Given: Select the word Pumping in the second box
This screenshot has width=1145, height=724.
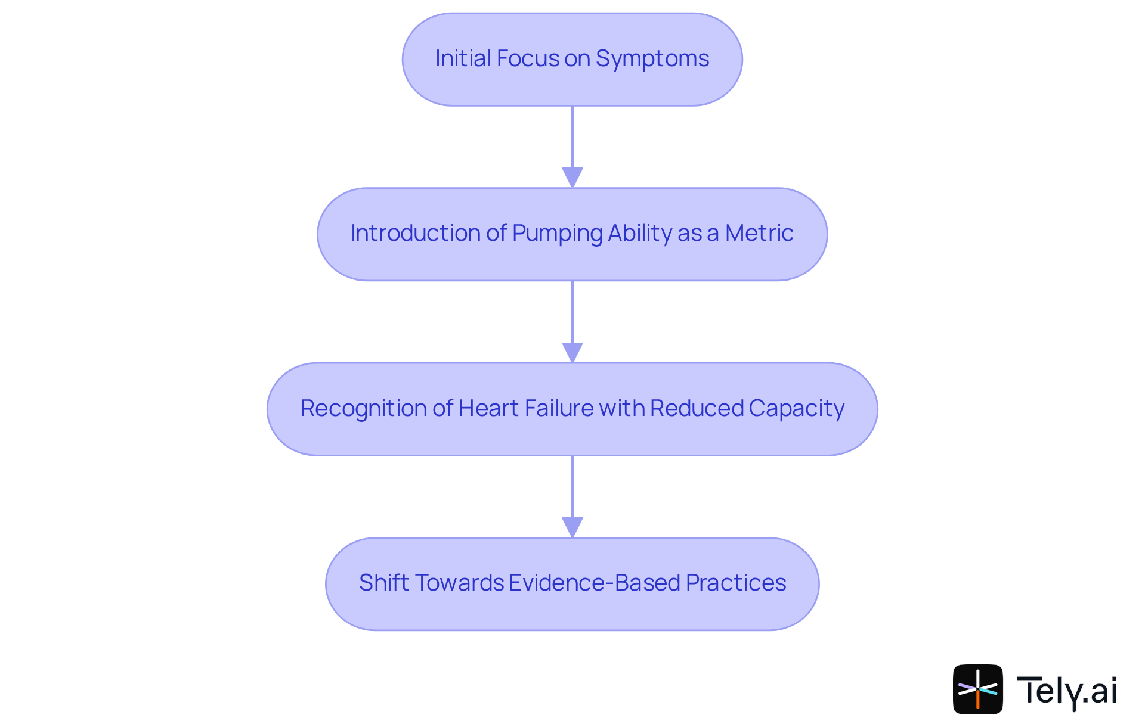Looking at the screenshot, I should click(556, 234).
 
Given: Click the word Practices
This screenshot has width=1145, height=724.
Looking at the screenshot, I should click(735, 583).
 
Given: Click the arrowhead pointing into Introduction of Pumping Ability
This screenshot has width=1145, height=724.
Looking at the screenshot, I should click(572, 178).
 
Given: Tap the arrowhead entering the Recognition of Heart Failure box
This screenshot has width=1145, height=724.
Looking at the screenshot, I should click(572, 352).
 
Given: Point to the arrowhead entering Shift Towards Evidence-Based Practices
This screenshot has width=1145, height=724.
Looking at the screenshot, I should click(572, 527).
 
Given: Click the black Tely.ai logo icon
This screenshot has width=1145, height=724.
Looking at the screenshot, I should click(977, 689).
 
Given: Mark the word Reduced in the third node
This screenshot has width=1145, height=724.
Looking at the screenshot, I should click(696, 409).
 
